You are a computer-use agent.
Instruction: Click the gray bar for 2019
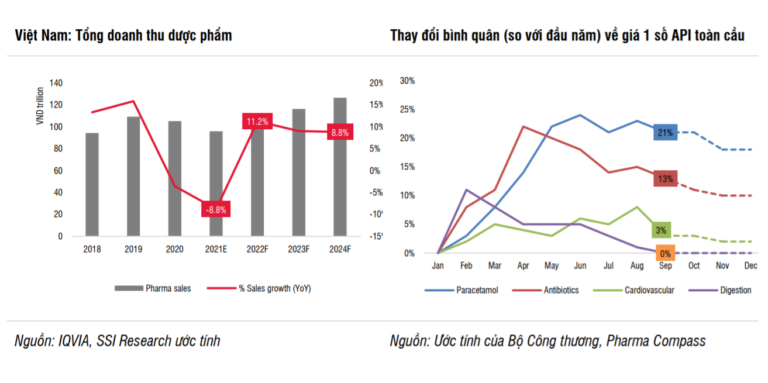click(133, 175)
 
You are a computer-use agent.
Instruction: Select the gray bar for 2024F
click(340, 167)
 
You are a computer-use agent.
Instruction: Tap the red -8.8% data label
click(216, 209)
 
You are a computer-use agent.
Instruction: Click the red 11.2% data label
click(257, 122)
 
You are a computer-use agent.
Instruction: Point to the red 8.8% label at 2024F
click(340, 133)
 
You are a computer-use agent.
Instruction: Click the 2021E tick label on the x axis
click(216, 249)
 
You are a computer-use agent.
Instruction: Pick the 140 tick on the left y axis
click(56, 83)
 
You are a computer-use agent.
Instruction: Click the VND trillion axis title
click(40, 106)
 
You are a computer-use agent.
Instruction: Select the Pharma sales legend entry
click(153, 288)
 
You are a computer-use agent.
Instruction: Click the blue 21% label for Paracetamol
click(665, 133)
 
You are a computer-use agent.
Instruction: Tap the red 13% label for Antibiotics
click(665, 179)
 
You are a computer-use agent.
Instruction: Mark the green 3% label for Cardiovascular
click(660, 230)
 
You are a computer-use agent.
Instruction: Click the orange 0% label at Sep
click(665, 254)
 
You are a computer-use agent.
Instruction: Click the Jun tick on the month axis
click(580, 265)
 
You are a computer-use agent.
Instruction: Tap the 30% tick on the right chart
click(407, 81)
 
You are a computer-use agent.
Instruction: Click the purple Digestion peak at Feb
click(466, 189)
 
